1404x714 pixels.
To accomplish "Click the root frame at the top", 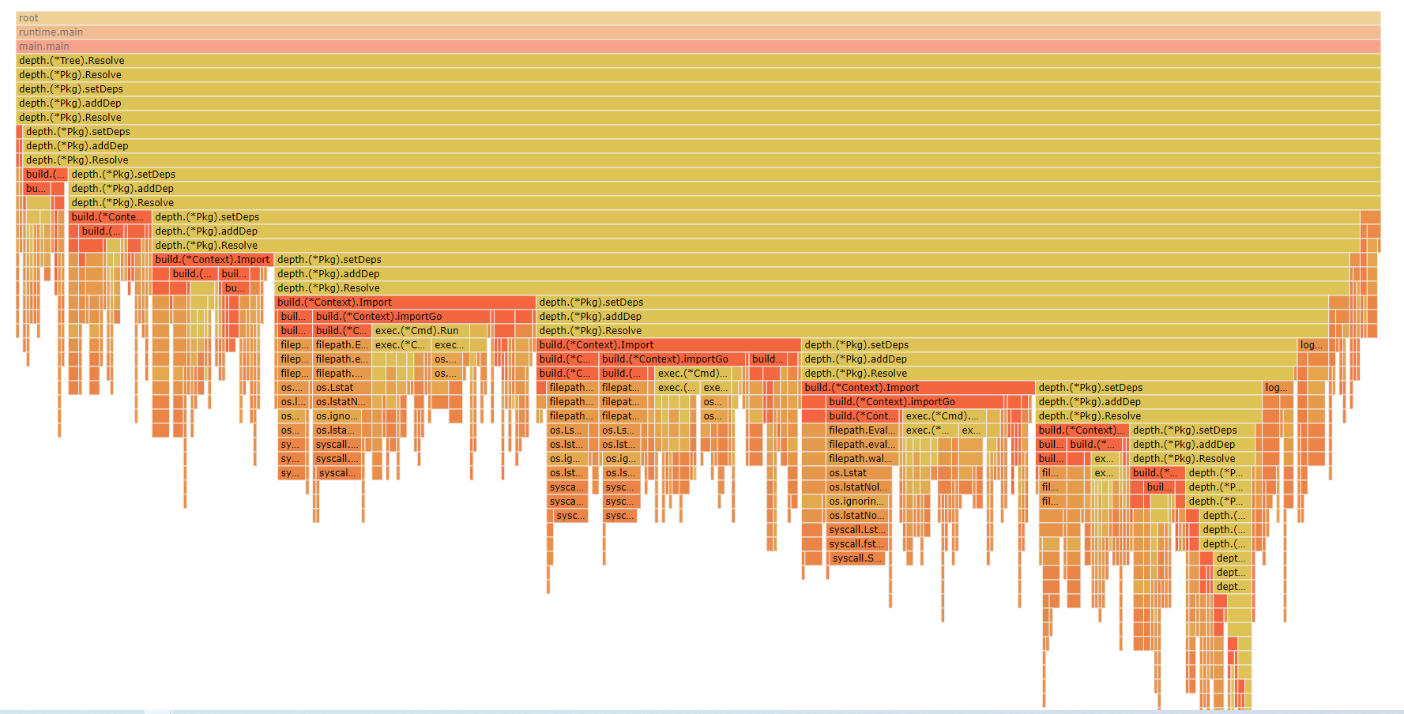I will pyautogui.click(x=698, y=17).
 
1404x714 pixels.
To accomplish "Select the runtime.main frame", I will pyautogui.click(x=698, y=32).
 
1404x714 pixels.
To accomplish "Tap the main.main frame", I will pyautogui.click(x=698, y=46).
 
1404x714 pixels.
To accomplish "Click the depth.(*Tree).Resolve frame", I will pyautogui.click(x=698, y=60).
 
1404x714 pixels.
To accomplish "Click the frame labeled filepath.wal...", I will pyautogui.click(x=860, y=458).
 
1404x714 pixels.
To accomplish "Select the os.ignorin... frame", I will pyautogui.click(x=856, y=501).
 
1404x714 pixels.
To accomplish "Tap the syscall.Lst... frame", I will pyautogui.click(x=856, y=529).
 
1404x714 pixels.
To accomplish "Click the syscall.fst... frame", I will pyautogui.click(x=856, y=543).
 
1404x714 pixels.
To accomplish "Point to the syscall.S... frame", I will pyautogui.click(x=856, y=558).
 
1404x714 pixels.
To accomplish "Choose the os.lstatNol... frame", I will pyautogui.click(x=858, y=487).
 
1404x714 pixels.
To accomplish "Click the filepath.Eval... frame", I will pyautogui.click(x=861, y=430).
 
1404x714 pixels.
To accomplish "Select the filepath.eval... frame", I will pyautogui.click(x=861, y=444).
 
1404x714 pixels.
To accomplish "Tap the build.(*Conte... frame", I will pyautogui.click(x=108, y=216).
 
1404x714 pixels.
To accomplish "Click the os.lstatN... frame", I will pyautogui.click(x=341, y=401).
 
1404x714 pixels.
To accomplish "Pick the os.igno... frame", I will pyautogui.click(x=338, y=415).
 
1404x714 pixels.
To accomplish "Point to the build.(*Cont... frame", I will pyautogui.click(x=862, y=415).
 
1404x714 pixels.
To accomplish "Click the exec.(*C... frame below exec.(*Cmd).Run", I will pyautogui.click(x=401, y=344).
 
